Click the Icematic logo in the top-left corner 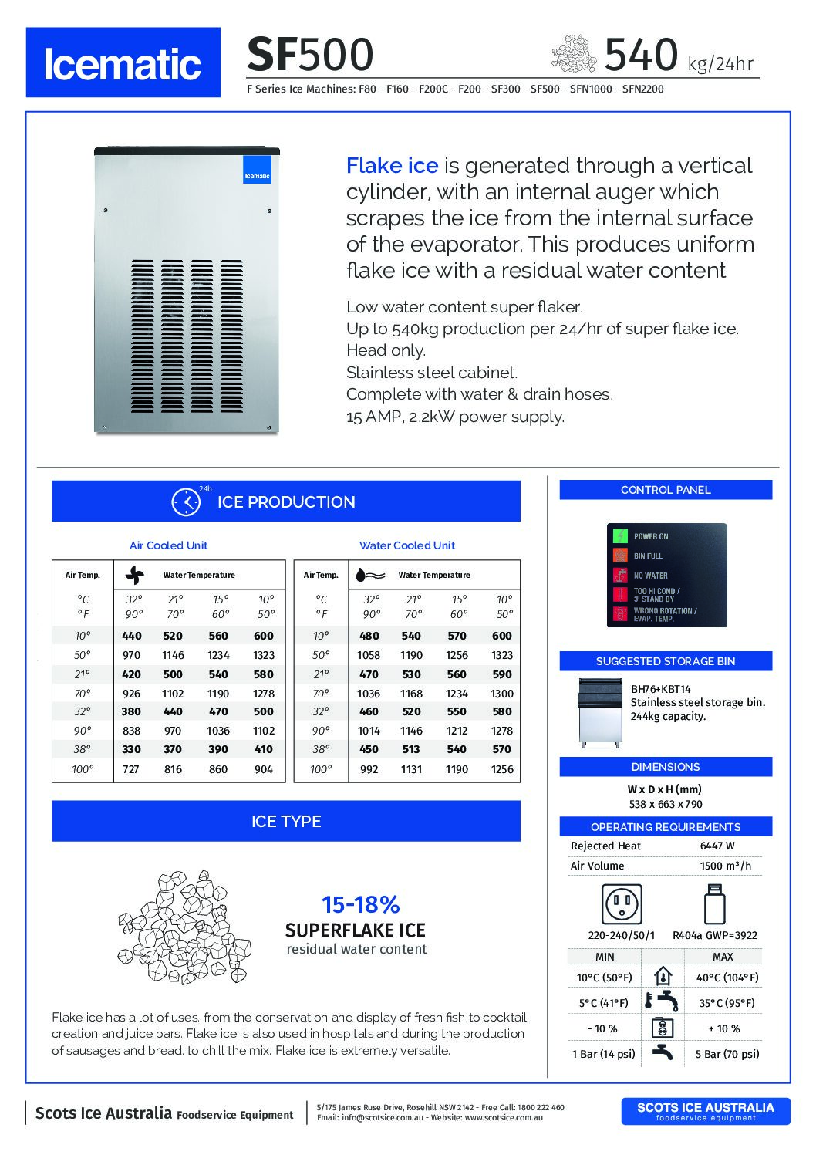point(123,62)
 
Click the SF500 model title point(309,55)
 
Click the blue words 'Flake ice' point(392,165)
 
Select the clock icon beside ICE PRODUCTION point(186,502)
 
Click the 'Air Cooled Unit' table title point(168,545)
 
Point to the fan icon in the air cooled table point(135,575)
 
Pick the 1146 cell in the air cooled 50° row point(173,655)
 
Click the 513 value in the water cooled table point(411,749)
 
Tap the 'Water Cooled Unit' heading point(406,545)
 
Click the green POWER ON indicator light point(620,536)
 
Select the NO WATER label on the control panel point(651,576)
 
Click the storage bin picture point(601,712)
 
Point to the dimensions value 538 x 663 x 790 point(665,804)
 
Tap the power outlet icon point(622,903)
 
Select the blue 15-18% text point(360,904)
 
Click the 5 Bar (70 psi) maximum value point(727,1054)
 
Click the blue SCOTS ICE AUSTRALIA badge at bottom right point(705,1111)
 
